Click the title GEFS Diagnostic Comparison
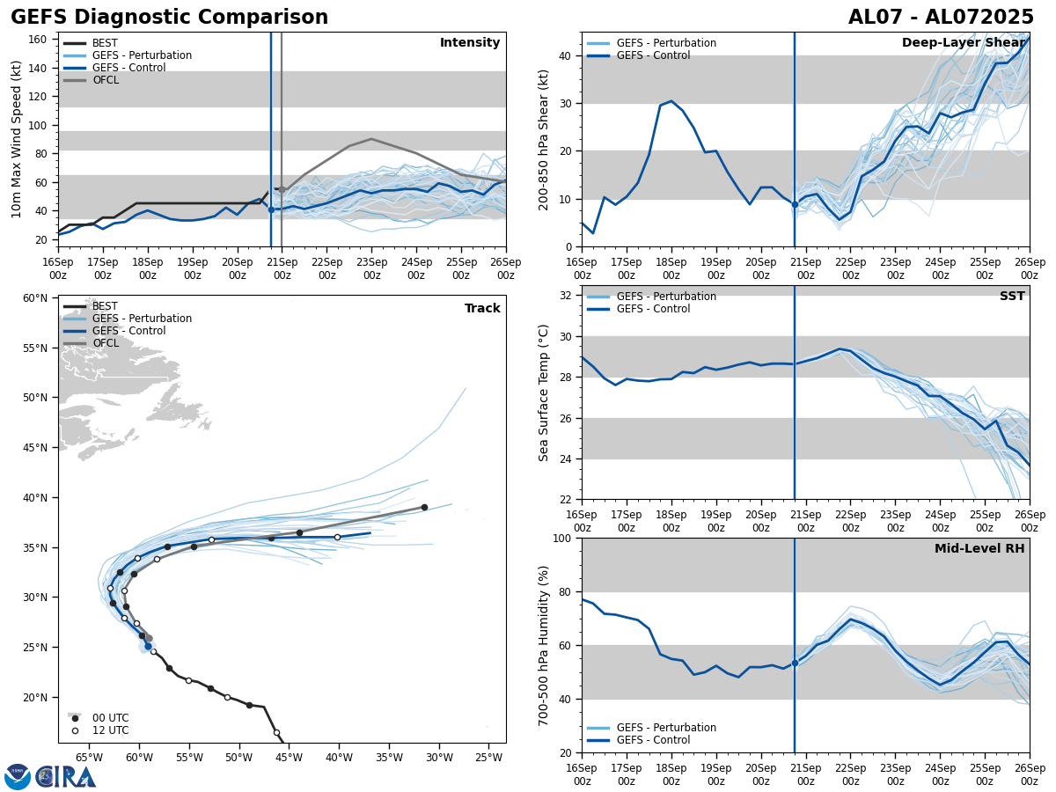(x=169, y=18)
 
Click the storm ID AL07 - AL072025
(x=941, y=18)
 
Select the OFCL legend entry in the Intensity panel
(x=105, y=80)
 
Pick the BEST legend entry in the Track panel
(x=105, y=306)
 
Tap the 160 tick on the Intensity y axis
(x=38, y=40)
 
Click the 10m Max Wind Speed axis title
(x=17, y=139)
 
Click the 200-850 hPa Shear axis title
(x=544, y=139)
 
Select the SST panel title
(x=1012, y=297)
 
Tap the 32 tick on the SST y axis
(x=565, y=296)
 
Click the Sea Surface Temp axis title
(x=544, y=392)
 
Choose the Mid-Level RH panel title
(x=979, y=549)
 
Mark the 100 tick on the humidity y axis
(x=561, y=538)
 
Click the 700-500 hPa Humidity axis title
(x=544, y=645)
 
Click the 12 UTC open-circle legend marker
(x=76, y=730)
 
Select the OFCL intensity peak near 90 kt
(x=371, y=139)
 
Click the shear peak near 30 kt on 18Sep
(x=671, y=101)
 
